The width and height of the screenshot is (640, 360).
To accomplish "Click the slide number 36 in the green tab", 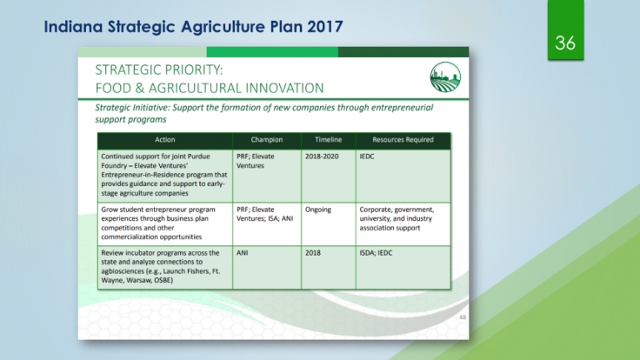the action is pyautogui.click(x=565, y=43).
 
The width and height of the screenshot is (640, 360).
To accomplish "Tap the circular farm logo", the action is pyautogui.click(x=445, y=77).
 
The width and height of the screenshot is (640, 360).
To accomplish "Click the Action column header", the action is pyautogui.click(x=165, y=140).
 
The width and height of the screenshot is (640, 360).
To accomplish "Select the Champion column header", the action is pyautogui.click(x=267, y=140).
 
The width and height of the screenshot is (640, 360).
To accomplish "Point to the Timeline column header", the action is pyautogui.click(x=328, y=140).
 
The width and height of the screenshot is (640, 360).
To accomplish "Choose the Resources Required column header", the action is pyautogui.click(x=403, y=140).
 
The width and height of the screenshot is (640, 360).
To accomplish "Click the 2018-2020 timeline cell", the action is pyautogui.click(x=322, y=157).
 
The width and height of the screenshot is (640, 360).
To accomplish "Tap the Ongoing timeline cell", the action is pyautogui.click(x=318, y=210).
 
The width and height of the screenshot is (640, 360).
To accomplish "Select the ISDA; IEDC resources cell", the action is pyautogui.click(x=376, y=253).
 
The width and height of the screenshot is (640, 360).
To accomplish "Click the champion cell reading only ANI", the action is pyautogui.click(x=242, y=253).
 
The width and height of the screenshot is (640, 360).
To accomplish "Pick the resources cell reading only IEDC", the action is pyautogui.click(x=367, y=157).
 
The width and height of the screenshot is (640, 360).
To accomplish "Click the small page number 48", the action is pyautogui.click(x=463, y=317).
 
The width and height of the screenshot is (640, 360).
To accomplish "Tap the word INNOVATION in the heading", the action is pyautogui.click(x=284, y=88).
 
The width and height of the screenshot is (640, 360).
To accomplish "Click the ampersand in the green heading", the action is pyautogui.click(x=139, y=88).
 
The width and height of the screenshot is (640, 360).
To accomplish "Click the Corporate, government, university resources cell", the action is pyautogui.click(x=397, y=219).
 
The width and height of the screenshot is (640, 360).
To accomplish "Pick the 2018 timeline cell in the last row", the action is pyautogui.click(x=313, y=253).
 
